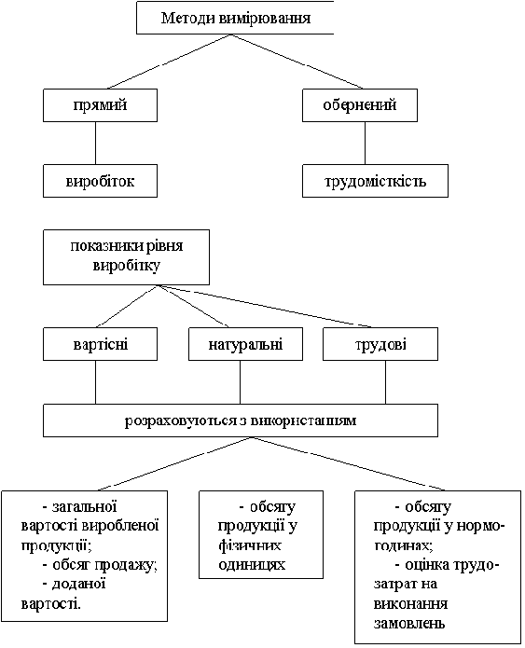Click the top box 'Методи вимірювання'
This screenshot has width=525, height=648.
tap(235, 18)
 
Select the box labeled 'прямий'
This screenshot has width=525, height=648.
tap(100, 105)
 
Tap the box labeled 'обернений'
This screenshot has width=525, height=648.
tap(360, 105)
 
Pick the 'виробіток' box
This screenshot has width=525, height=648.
tap(100, 181)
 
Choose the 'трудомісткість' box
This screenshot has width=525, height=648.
tap(375, 181)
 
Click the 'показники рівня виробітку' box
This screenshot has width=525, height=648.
tap(126, 257)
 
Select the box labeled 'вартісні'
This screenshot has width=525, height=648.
tap(100, 344)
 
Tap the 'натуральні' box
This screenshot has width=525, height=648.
tap(245, 344)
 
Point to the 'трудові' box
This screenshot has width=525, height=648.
tap(380, 344)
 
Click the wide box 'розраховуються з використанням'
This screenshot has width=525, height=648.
tap(241, 421)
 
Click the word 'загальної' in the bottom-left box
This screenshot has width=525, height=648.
tap(84, 506)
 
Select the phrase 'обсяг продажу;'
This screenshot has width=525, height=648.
tap(105, 564)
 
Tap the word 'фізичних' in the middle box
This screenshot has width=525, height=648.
tap(250, 545)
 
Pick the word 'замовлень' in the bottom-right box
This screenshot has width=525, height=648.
tap(409, 623)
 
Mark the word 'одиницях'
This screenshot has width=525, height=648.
tap(252, 564)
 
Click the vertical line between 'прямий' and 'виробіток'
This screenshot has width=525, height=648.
tap(95, 143)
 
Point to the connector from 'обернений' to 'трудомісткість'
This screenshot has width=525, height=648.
tap(365, 143)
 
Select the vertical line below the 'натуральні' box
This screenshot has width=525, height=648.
tap(241, 382)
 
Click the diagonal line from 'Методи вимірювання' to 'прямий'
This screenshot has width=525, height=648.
tap(169, 62)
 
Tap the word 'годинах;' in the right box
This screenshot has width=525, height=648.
tap(404, 545)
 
